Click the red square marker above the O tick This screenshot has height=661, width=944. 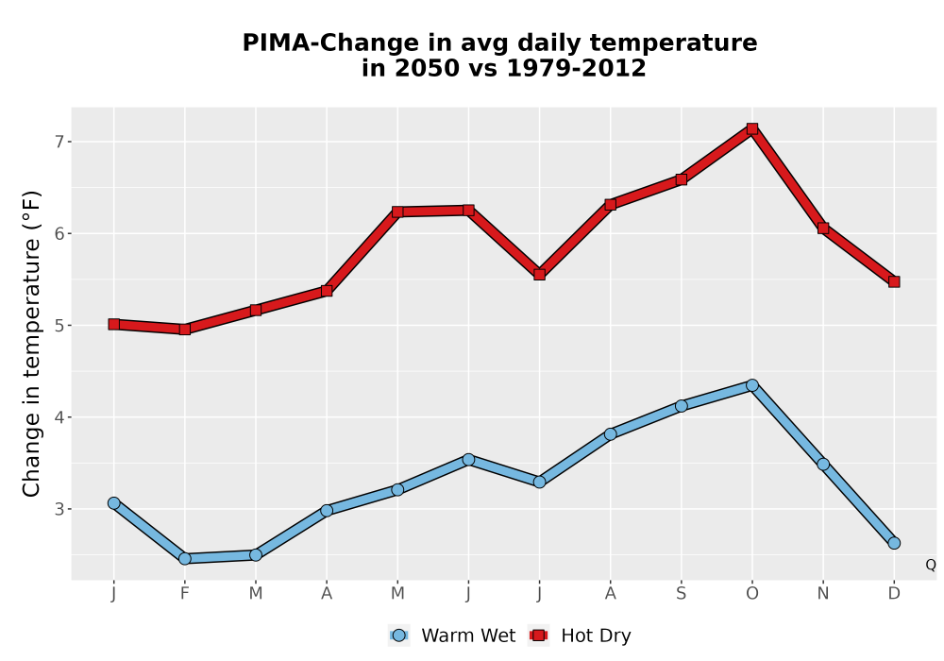(752, 128)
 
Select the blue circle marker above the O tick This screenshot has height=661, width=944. (752, 385)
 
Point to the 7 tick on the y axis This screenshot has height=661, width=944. (69, 142)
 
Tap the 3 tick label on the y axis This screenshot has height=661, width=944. (59, 509)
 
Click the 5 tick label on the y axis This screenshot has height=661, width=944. (59, 326)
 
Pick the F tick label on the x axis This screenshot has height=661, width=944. (185, 594)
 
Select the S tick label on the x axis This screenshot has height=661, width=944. (681, 594)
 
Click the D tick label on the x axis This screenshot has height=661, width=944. (894, 594)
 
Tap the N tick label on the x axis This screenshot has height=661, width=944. (823, 594)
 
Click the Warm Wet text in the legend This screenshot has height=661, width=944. (468, 636)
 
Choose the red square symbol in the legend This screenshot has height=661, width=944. (538, 636)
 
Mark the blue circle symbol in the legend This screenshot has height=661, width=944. (398, 636)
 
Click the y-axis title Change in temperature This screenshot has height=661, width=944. (31, 344)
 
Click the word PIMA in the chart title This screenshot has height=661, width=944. (277, 43)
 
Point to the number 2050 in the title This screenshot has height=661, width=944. (427, 68)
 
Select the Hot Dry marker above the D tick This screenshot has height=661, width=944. (894, 281)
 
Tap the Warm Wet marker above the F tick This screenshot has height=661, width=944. (185, 559)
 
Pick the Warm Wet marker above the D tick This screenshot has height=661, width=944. (894, 543)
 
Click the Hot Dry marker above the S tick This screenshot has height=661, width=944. (681, 179)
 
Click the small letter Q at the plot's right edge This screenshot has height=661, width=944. (931, 565)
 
